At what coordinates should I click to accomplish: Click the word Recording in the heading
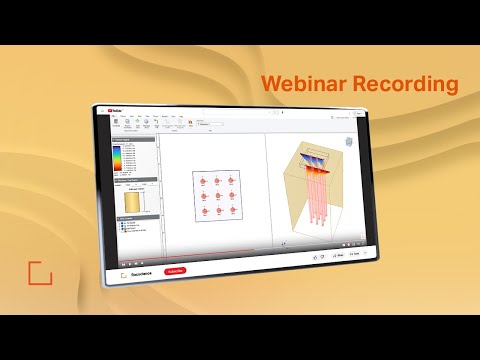point(400,85)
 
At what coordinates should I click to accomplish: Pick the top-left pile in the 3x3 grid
point(203,182)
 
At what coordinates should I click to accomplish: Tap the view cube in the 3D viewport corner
point(349,141)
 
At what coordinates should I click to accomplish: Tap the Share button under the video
point(338,257)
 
